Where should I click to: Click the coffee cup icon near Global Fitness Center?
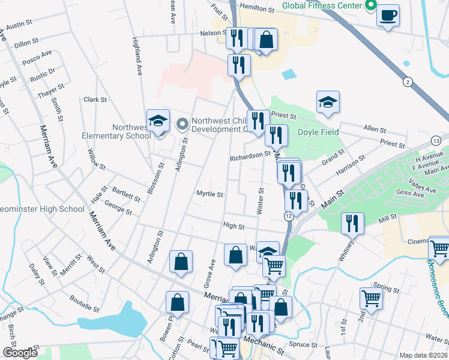(388, 14)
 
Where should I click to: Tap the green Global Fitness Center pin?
(370, 5)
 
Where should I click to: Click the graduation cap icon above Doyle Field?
(328, 102)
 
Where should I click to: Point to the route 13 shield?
(436, 140)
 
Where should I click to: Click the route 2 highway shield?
(408, 82)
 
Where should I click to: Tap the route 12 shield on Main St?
(289, 215)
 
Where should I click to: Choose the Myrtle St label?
(210, 194)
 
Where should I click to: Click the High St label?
(234, 226)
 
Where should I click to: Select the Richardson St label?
(251, 155)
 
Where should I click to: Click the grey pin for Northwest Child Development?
(182, 124)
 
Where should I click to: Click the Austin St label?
(19, 25)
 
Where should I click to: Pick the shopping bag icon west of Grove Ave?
(181, 261)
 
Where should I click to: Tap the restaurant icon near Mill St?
(352, 224)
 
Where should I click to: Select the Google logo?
(20, 353)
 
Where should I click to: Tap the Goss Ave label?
(410, 193)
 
